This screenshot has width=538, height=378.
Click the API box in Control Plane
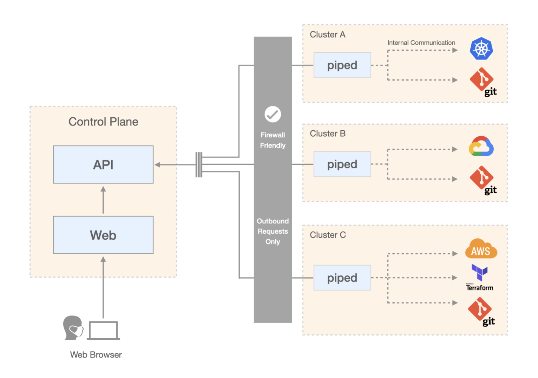click(x=103, y=164)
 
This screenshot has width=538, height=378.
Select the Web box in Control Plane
click(x=103, y=235)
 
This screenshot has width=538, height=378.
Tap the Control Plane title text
click(x=103, y=122)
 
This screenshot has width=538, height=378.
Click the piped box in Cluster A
click(x=342, y=65)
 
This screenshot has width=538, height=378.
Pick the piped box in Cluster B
click(x=342, y=164)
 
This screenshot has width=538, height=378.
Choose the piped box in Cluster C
click(x=342, y=278)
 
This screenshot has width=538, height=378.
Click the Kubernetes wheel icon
click(x=481, y=48)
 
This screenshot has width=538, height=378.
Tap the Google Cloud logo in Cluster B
click(x=481, y=147)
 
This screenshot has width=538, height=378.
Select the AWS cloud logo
click(x=481, y=249)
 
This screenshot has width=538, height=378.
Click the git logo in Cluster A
click(x=483, y=82)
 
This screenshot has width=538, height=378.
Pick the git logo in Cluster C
click(x=481, y=311)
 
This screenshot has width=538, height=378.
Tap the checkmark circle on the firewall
click(x=273, y=114)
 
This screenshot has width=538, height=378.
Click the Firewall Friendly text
click(x=273, y=140)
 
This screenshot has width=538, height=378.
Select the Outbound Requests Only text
click(x=273, y=231)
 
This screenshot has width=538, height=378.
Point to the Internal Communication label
click(x=421, y=43)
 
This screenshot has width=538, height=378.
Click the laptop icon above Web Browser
click(x=103, y=330)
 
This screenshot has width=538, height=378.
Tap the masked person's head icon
click(x=73, y=327)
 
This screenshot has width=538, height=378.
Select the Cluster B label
click(x=327, y=133)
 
